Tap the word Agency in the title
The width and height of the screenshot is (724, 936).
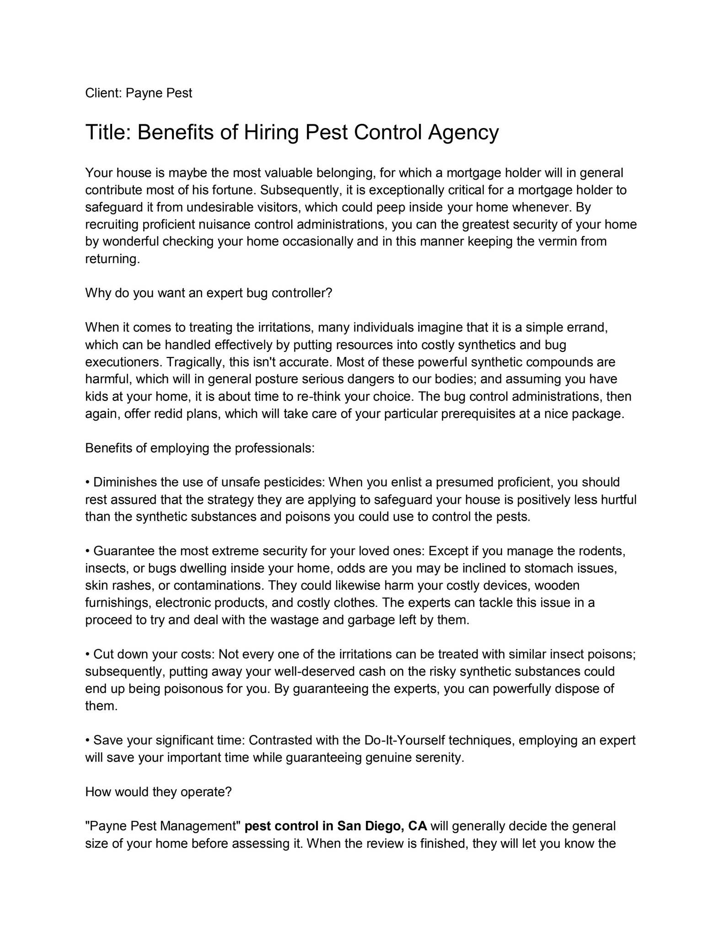[463, 133]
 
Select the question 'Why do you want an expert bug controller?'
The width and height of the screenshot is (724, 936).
[209, 293]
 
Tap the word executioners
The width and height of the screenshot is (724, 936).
[123, 362]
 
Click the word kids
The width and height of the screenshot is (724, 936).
[96, 396]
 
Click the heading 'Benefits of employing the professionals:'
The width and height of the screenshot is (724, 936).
[200, 448]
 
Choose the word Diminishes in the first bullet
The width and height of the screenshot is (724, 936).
[125, 482]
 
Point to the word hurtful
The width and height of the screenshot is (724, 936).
[618, 500]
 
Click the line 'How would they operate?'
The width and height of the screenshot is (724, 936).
[159, 792]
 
